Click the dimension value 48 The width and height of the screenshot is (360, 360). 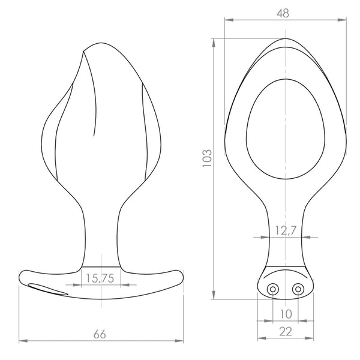pyautogui.click(x=285, y=12)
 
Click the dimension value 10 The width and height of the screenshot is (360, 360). pyautogui.click(x=286, y=314)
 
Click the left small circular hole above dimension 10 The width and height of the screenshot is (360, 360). pyautogui.click(x=273, y=289)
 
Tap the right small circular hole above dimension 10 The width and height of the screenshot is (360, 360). pyautogui.click(x=298, y=289)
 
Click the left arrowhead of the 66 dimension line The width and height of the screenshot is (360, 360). pyautogui.click(x=22, y=341)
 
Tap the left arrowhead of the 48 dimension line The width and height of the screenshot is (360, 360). pyautogui.click(x=227, y=20)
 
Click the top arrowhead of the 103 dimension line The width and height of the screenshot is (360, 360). pyautogui.click(x=214, y=41)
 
